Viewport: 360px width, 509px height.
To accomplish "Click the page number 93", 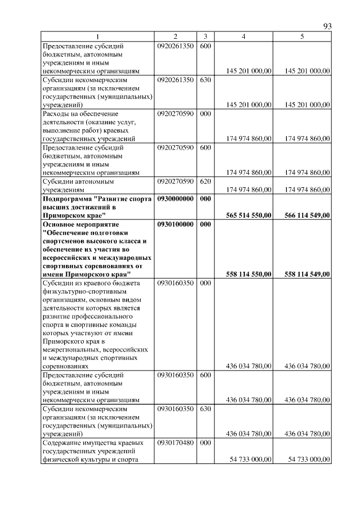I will click(328, 26).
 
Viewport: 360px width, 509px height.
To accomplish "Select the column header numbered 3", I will click(205, 37).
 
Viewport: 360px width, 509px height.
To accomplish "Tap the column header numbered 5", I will click(302, 37).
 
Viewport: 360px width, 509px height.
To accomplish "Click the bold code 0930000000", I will click(176, 199).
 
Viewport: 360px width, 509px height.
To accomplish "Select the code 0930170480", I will click(176, 443).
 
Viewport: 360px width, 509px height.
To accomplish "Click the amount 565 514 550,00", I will click(249, 215).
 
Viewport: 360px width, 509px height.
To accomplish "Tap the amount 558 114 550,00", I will click(249, 274).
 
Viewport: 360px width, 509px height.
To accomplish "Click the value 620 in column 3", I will click(205, 182).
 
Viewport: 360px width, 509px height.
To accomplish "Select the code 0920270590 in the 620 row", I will click(176, 182).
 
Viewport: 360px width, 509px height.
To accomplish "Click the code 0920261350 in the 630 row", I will click(176, 80).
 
